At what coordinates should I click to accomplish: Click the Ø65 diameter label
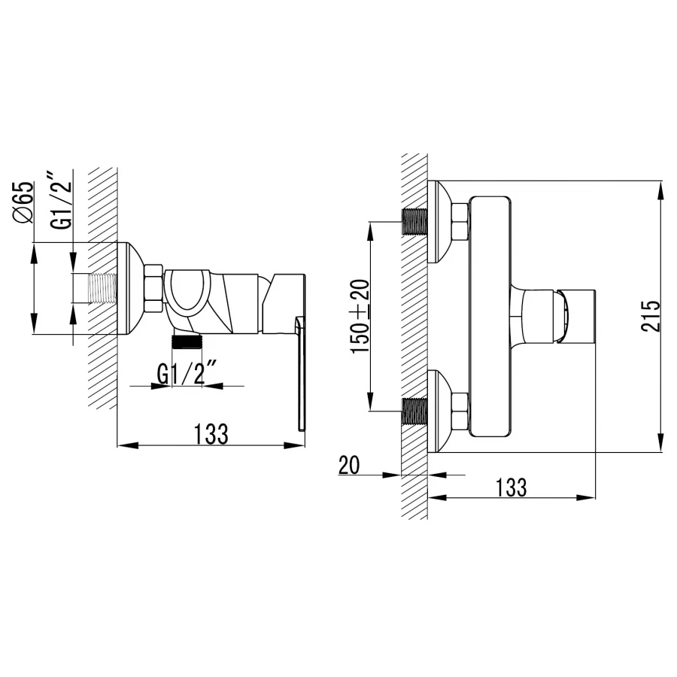coord(23,202)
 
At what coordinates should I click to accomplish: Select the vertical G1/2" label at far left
coord(60,200)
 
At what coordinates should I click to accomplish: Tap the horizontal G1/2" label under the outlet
coord(187,374)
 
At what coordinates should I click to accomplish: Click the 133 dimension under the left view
coord(211,433)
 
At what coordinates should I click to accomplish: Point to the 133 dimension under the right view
coord(511,487)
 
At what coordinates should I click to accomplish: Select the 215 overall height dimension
coord(650,316)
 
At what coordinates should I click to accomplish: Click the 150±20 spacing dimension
coord(360,317)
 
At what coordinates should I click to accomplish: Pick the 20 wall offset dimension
coord(349,466)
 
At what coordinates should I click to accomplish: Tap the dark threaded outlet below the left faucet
coord(187,342)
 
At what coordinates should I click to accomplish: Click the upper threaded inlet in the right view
coord(414,221)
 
